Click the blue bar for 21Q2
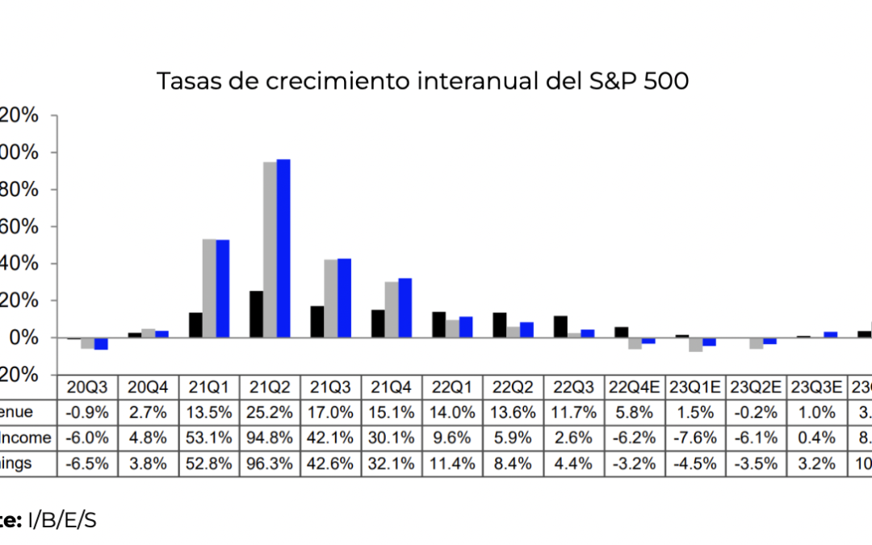pos(283,248)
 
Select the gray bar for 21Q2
pos(270,249)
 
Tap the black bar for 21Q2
pos(256,314)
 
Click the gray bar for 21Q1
pos(209,288)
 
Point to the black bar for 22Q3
pos(560,326)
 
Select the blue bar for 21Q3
pos(344,298)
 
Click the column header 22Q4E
pos(635,387)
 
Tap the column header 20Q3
pos(87,387)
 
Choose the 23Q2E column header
pos(757,387)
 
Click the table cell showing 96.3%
pos(270,463)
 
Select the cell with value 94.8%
pos(270,438)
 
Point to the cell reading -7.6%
pos(696,438)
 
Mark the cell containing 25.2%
pos(270,412)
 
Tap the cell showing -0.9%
pos(87,412)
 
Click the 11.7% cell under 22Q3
pos(574,412)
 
